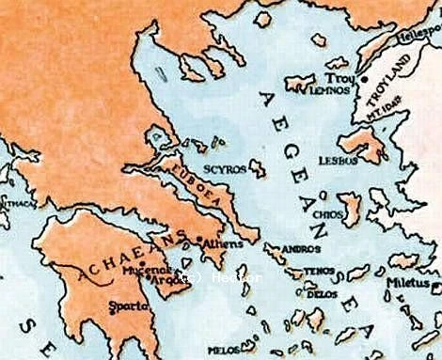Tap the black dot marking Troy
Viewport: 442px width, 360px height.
(363, 82)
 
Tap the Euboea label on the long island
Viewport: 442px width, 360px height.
(188, 184)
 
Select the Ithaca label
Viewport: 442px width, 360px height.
(13, 202)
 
